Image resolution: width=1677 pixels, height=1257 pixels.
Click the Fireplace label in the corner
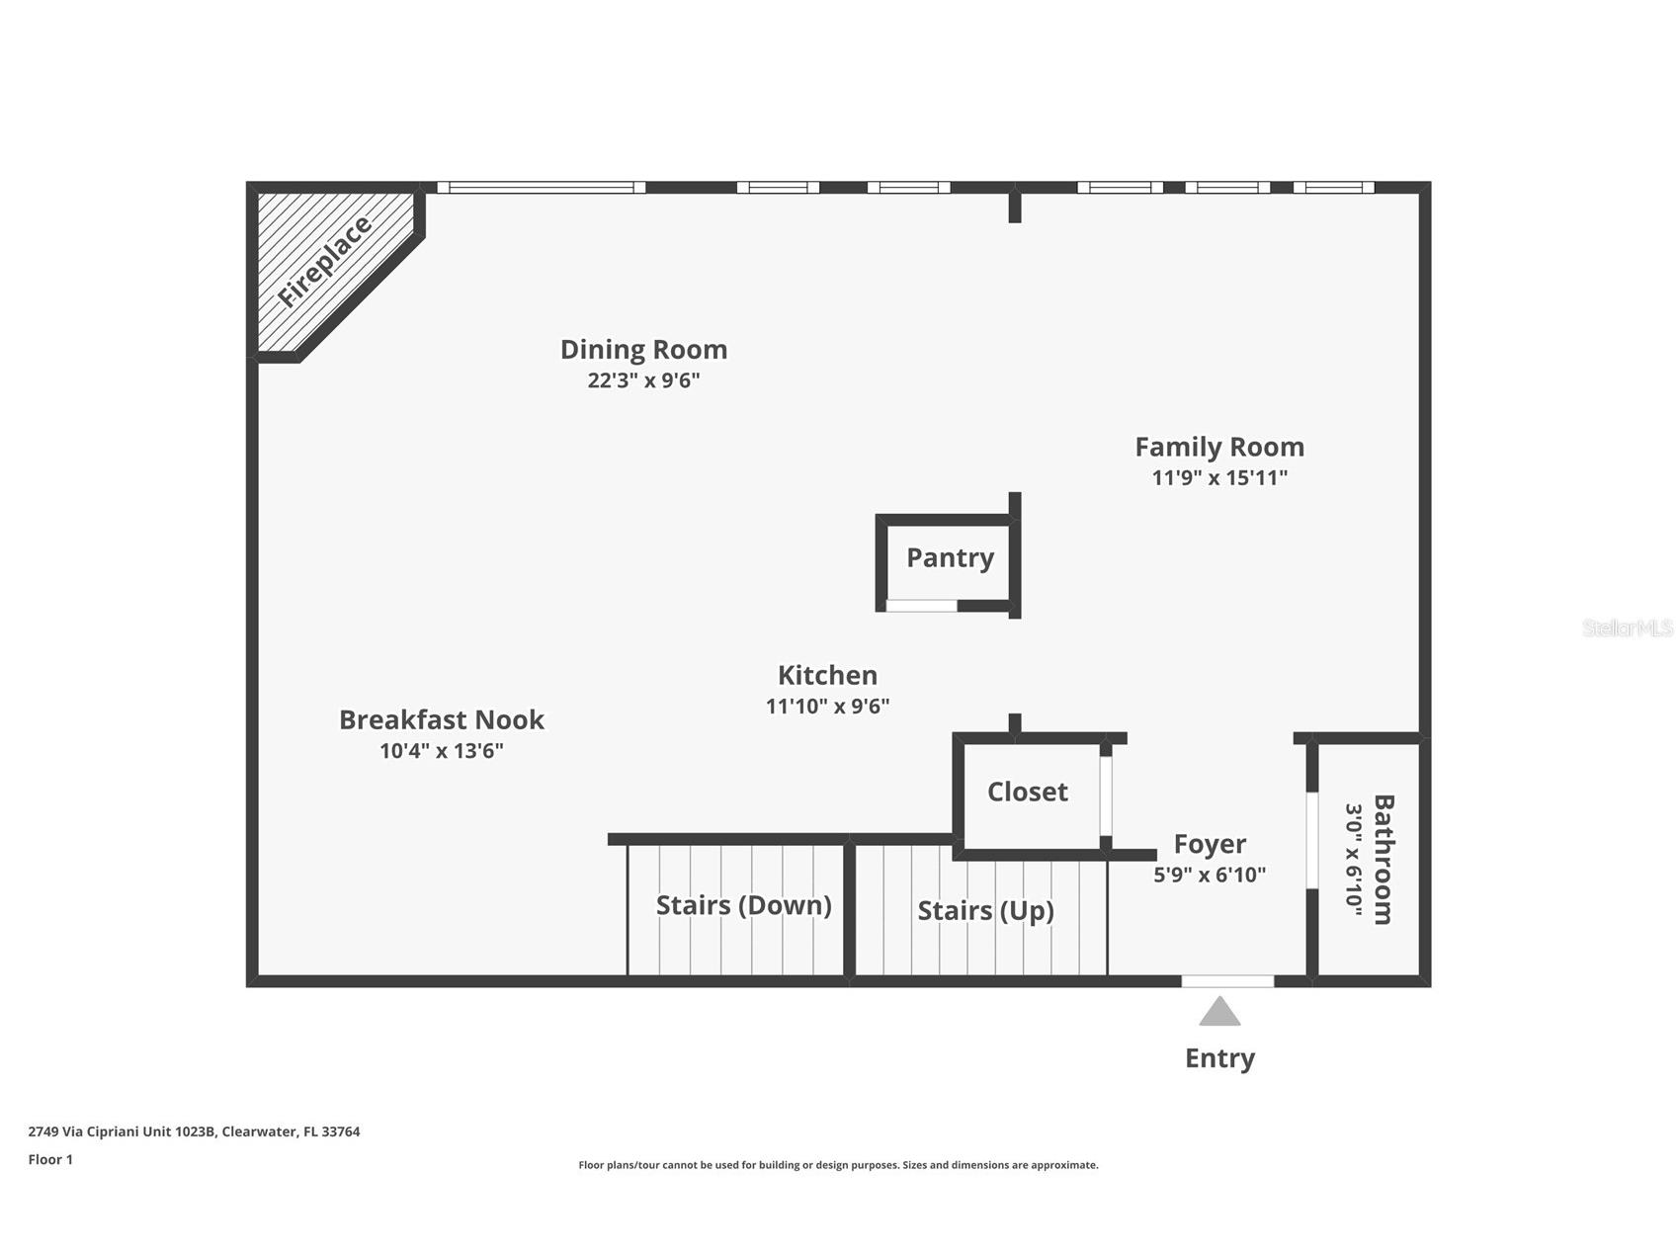[x=324, y=261]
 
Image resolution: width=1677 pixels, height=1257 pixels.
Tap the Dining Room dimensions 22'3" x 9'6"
[x=643, y=380]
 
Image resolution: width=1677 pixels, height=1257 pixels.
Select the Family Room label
[x=1218, y=447]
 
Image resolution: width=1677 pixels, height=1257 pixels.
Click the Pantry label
[x=950, y=557]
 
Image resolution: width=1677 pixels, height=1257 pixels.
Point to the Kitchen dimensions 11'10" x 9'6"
[x=827, y=707]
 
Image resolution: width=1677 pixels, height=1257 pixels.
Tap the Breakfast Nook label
[x=441, y=719]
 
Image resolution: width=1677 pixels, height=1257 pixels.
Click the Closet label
[x=1027, y=792]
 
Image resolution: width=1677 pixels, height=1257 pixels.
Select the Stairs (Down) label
[x=743, y=905]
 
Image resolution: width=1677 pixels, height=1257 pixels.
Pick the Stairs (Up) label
[x=985, y=910]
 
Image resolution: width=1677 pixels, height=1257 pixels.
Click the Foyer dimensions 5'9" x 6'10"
[x=1210, y=875]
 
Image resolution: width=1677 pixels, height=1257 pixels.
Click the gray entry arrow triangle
[x=1219, y=1013]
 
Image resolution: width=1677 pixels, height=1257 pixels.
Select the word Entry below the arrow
[x=1219, y=1058]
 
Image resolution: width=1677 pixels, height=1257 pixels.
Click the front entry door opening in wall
[x=1227, y=981]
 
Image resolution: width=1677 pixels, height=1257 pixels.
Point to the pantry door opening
[x=921, y=606]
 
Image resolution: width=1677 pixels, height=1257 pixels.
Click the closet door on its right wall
[x=1106, y=796]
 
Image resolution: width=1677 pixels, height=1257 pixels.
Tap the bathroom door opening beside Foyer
[x=1311, y=840]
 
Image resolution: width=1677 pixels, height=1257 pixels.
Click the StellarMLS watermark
[x=1627, y=628]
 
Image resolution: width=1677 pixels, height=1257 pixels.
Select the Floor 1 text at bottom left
[x=50, y=1160]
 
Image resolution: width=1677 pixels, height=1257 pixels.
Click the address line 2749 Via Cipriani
[x=194, y=1131]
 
